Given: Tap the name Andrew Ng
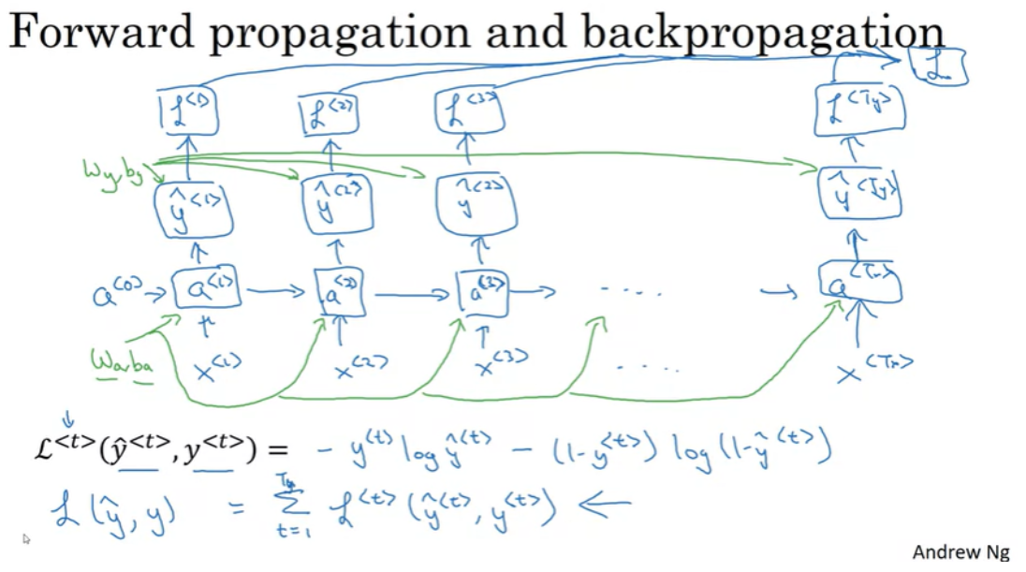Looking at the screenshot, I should pyautogui.click(x=960, y=552).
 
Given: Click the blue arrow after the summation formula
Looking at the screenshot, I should pyautogui.click(x=606, y=506).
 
